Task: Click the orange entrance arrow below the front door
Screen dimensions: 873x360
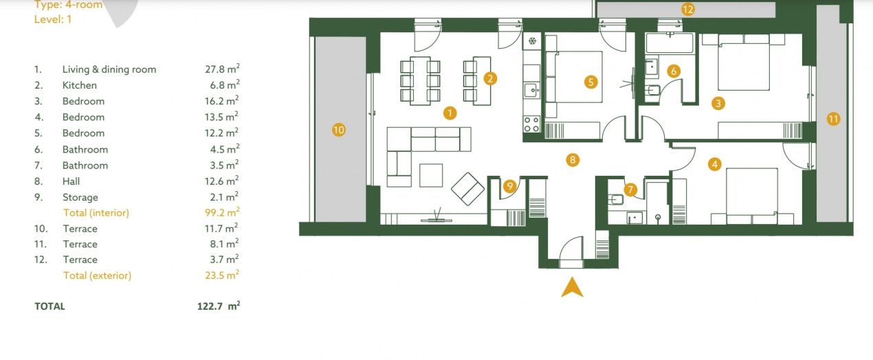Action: coord(572,289)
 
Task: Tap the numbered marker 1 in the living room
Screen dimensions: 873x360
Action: coord(450,113)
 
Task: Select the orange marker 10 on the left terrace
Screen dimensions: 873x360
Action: coord(339,130)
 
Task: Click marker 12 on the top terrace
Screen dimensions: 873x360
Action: coord(688,10)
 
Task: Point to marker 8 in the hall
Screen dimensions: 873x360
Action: coord(572,160)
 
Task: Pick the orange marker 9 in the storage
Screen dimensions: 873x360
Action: coord(510,186)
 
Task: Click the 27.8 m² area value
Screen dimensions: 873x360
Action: coord(222,69)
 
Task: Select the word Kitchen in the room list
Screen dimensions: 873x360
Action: coord(80,85)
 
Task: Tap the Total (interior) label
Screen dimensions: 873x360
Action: coord(96,213)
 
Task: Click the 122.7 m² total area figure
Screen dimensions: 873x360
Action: coord(219,306)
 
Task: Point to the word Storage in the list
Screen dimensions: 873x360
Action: coord(80,198)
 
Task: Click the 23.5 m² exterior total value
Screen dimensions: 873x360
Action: coord(222,275)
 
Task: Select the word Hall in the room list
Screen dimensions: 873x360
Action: coord(71,181)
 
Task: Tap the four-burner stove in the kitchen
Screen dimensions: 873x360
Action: coord(531,124)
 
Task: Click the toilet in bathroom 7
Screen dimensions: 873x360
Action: coord(616,199)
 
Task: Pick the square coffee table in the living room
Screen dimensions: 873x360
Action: coord(431,175)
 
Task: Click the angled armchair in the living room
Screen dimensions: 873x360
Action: coord(467,189)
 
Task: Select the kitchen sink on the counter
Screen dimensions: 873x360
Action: coord(531,91)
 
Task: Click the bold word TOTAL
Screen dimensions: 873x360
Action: coord(50,306)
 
